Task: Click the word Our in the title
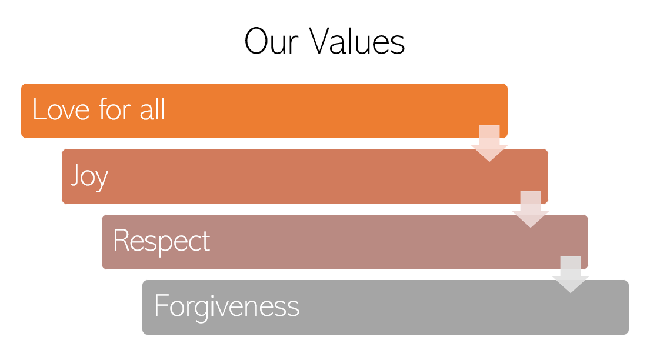click(272, 41)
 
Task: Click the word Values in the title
click(357, 41)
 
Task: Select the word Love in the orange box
click(61, 109)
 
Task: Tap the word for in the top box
click(115, 109)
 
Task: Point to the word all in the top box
click(152, 109)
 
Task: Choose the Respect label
click(162, 242)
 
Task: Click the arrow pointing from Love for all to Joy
click(489, 143)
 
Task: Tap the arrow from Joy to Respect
click(531, 209)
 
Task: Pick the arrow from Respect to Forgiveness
click(571, 275)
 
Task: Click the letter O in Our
click(256, 41)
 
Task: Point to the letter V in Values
click(322, 41)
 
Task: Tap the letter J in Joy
click(75, 174)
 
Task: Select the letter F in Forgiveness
click(161, 305)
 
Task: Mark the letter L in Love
click(39, 109)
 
